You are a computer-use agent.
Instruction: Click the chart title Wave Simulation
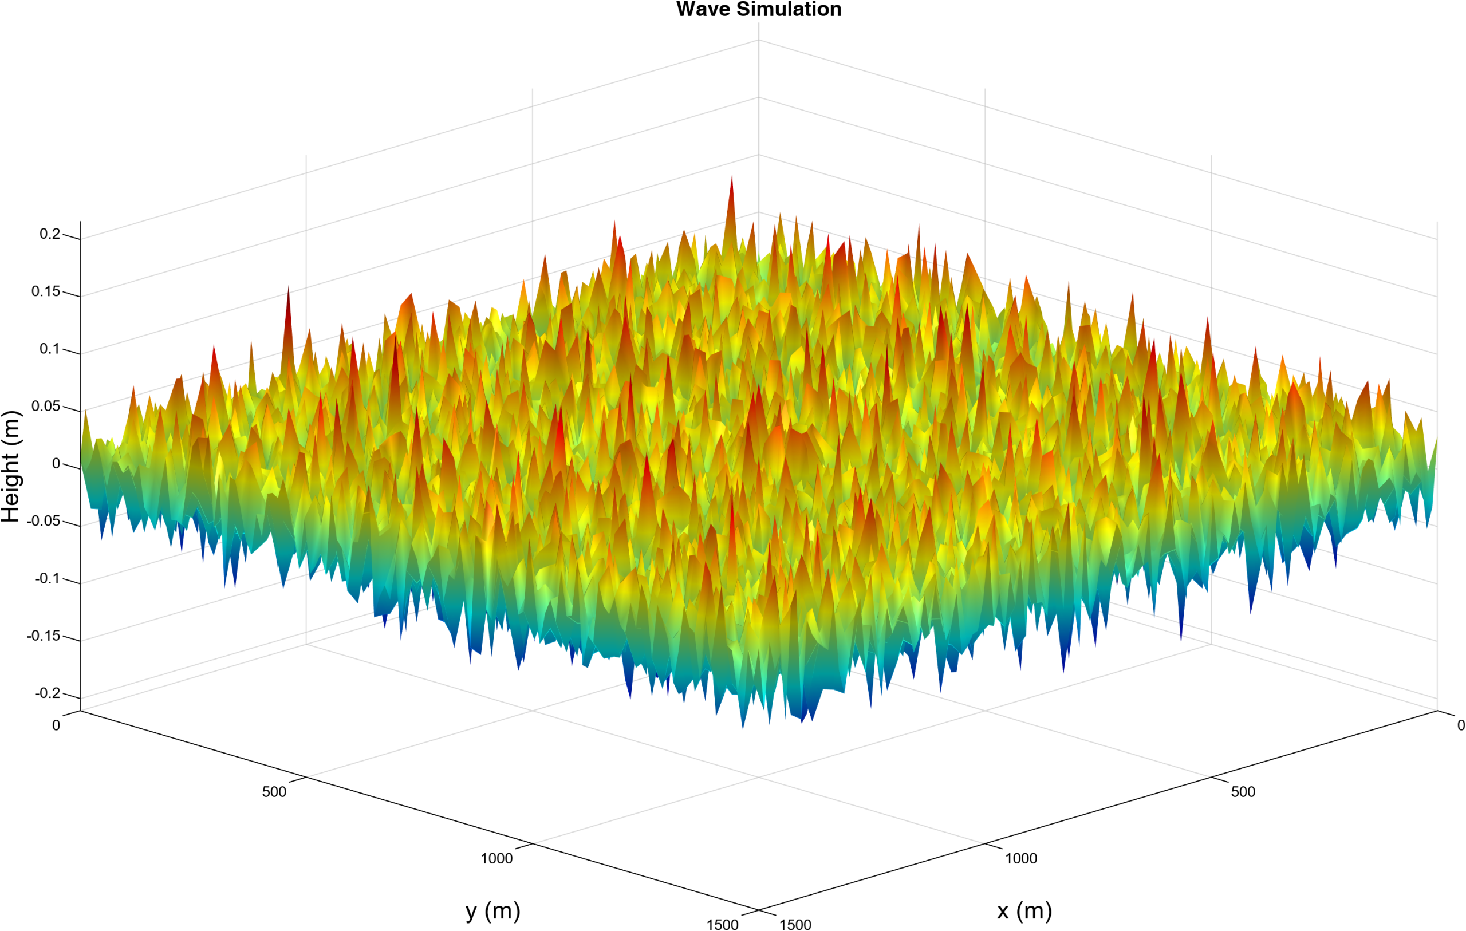(x=759, y=9)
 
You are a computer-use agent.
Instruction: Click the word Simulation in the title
(x=789, y=9)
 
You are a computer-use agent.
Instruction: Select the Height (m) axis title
(x=11, y=466)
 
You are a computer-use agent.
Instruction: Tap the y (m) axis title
(x=492, y=911)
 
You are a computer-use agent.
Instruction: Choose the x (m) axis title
(x=1024, y=911)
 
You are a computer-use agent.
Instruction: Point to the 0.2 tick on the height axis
(x=50, y=234)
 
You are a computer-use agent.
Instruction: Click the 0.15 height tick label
(x=46, y=291)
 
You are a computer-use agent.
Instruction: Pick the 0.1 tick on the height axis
(x=50, y=349)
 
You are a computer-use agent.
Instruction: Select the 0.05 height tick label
(x=46, y=406)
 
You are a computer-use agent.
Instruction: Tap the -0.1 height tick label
(x=48, y=578)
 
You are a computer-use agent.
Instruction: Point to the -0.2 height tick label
(x=48, y=693)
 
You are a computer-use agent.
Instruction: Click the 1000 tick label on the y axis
(x=497, y=858)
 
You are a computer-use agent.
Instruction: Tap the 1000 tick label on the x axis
(x=1021, y=858)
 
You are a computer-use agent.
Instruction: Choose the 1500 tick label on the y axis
(x=723, y=924)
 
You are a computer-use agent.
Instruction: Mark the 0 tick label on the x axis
(x=1460, y=725)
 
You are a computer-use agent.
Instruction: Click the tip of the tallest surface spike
(x=731, y=177)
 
